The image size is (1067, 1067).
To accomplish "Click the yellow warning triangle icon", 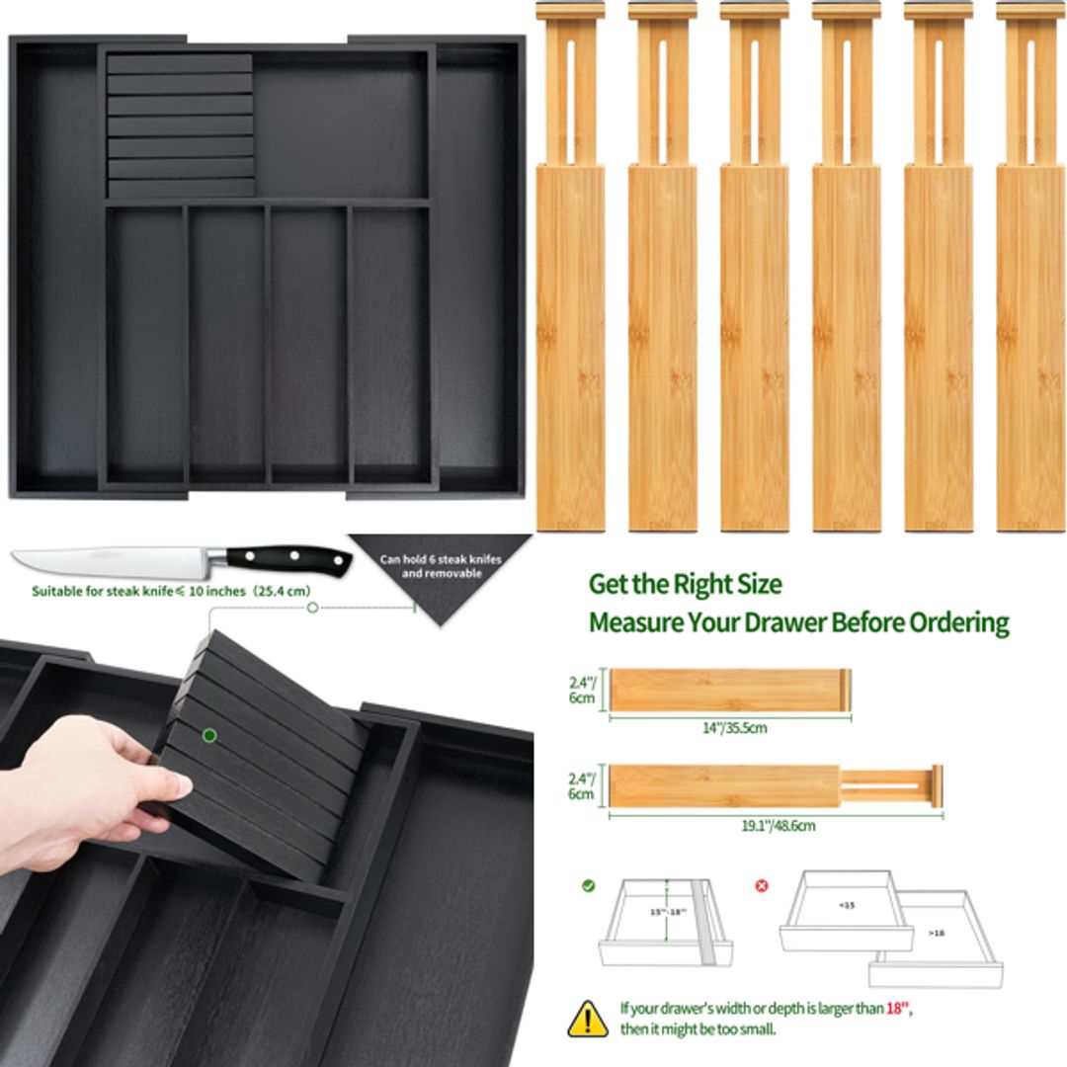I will pos(588,1018).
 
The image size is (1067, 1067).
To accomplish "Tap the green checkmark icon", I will pos(588,885).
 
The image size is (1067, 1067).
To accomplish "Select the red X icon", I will pos(762,885).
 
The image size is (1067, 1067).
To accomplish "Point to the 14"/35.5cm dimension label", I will pos(727,728).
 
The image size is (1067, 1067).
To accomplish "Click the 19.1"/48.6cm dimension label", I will pos(779,825).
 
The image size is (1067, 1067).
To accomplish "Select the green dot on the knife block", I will pos(209,735).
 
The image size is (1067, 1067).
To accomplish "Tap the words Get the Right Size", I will pos(685,584).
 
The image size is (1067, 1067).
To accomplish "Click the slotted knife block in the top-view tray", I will pos(180,124).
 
